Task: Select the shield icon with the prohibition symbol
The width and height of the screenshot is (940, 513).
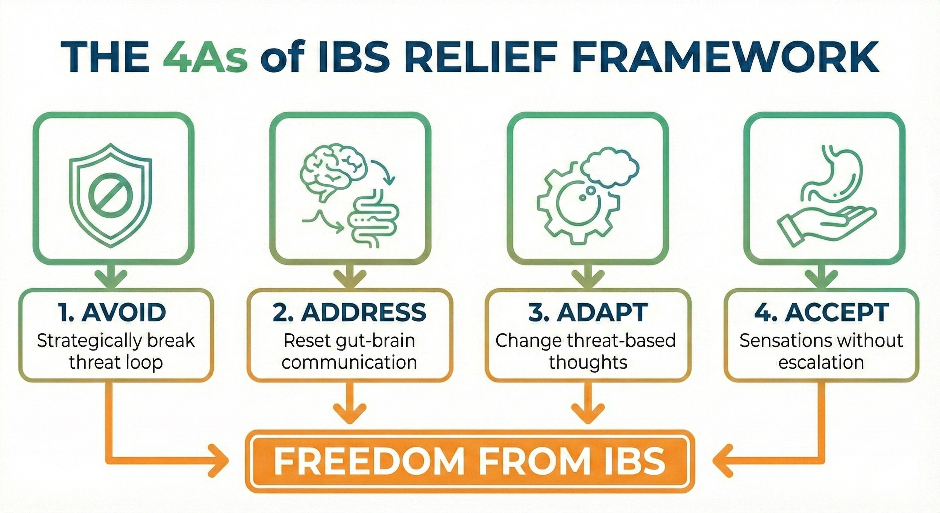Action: click(x=111, y=196)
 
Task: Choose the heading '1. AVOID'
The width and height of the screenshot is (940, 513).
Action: click(x=112, y=312)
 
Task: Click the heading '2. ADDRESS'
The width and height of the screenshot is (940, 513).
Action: click(x=349, y=312)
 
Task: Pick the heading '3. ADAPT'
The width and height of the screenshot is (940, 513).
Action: click(x=588, y=312)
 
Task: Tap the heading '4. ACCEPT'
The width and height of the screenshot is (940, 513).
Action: click(x=822, y=312)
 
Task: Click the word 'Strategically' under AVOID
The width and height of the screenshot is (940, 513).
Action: click(x=89, y=341)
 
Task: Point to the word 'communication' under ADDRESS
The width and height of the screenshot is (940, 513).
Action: click(x=349, y=363)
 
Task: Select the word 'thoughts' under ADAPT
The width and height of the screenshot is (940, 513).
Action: click(x=588, y=363)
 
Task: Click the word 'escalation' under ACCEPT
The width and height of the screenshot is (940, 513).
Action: click(x=821, y=363)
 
